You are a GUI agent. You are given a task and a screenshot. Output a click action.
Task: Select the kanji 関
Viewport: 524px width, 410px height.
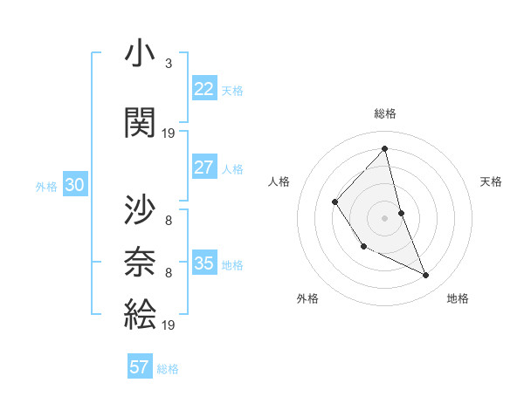pos(140,122)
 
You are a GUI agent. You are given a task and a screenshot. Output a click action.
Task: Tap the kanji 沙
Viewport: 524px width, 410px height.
pos(140,210)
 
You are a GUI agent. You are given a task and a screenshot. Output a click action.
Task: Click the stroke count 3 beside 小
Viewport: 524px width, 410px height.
pos(169,63)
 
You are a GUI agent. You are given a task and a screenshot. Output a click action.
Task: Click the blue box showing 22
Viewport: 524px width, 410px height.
pos(204,89)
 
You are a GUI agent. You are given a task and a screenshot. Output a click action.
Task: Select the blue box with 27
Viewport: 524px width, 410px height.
pos(204,167)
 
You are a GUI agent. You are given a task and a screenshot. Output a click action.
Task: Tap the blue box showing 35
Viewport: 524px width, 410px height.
pos(204,263)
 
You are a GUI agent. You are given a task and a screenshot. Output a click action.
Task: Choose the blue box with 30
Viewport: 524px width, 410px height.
pos(74,185)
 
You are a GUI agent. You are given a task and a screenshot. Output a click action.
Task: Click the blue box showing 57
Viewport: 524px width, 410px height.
pos(140,367)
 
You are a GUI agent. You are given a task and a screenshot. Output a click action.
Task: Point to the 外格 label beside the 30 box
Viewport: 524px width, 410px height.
pos(46,186)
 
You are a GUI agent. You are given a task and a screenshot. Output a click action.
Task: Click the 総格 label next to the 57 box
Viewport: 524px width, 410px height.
pos(168,369)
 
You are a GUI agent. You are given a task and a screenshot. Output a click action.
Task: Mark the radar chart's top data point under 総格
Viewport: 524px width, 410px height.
pos(385,149)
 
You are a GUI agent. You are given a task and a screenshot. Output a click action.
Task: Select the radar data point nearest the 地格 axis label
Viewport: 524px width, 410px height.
pos(426,276)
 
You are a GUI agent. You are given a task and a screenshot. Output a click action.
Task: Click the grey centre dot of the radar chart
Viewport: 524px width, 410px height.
pos(385,216)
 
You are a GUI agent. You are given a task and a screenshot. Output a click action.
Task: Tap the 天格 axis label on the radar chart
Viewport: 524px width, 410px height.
pos(492,181)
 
